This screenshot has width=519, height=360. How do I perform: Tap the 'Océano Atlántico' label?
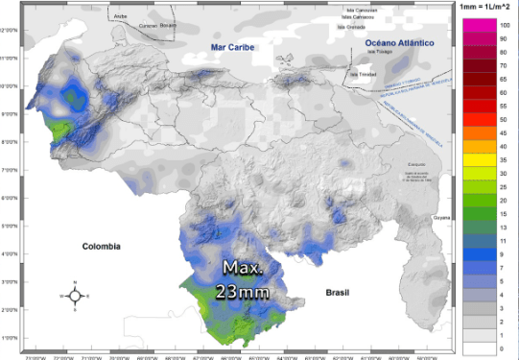(x=400, y=43)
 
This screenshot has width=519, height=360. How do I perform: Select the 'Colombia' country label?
(x=101, y=246)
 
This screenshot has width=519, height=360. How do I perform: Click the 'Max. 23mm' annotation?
(x=242, y=278)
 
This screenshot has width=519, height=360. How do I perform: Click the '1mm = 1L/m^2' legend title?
(x=486, y=7)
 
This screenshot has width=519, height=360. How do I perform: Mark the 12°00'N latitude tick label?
(x=9, y=31)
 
